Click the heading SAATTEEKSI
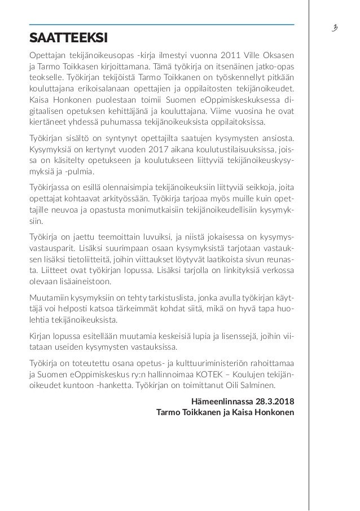pos(69,38)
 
